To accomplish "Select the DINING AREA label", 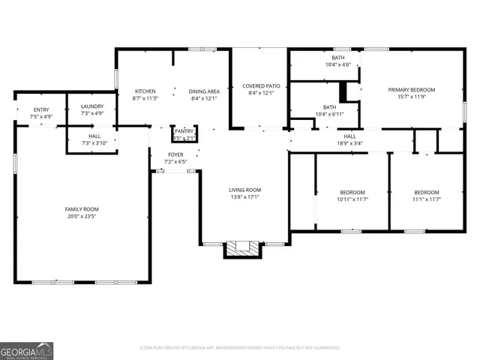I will pos(202,91).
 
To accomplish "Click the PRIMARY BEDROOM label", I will pos(411,90).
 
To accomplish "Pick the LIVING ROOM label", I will pos(244,190).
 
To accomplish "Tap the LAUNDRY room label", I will pos(92,106).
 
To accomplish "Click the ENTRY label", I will pos(41,109).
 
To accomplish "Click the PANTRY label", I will pos(184,130).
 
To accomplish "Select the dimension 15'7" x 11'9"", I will pos(411,97).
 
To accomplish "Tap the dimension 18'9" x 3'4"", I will pos(349,142).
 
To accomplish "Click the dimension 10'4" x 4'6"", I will pos(338,64).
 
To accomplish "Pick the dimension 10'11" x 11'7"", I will pos(352,199).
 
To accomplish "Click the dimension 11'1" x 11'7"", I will pos(426,199).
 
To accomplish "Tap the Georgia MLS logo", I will pos(26,350).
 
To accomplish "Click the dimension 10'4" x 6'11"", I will pos(330,114).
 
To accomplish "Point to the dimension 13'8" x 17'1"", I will pos(244,197).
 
